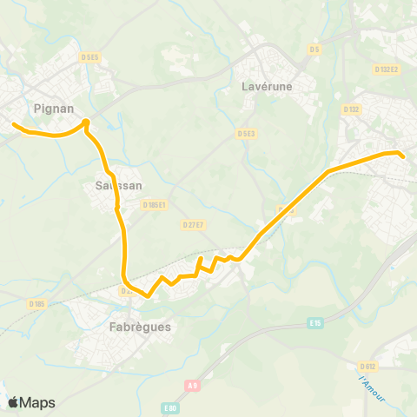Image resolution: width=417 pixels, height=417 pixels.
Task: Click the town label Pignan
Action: pos(52,109)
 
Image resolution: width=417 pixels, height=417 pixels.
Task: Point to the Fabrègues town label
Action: pos(141,328)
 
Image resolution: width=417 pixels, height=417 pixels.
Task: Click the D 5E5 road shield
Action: pos(90,57)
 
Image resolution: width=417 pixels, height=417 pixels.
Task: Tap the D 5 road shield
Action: pos(314,50)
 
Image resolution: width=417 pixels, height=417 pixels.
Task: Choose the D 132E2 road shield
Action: pos(386,69)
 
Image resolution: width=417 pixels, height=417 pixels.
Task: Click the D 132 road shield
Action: pos(351,109)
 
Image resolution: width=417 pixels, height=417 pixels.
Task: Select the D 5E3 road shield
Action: pos(246,134)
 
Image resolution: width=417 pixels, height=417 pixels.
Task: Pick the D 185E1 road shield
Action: pos(154,206)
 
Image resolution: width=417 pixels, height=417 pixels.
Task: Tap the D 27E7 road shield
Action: pos(193,224)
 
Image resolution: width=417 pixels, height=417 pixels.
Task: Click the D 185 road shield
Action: pos(36,303)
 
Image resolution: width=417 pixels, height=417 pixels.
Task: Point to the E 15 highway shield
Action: pos(315,323)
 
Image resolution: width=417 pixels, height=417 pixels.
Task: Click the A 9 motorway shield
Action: pos(193,385)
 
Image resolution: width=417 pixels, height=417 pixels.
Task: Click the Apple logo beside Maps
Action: pos(13,402)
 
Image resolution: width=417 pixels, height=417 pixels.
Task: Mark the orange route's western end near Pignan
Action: pos(14,125)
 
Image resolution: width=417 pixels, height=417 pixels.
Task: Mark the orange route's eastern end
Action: pos(403,156)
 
